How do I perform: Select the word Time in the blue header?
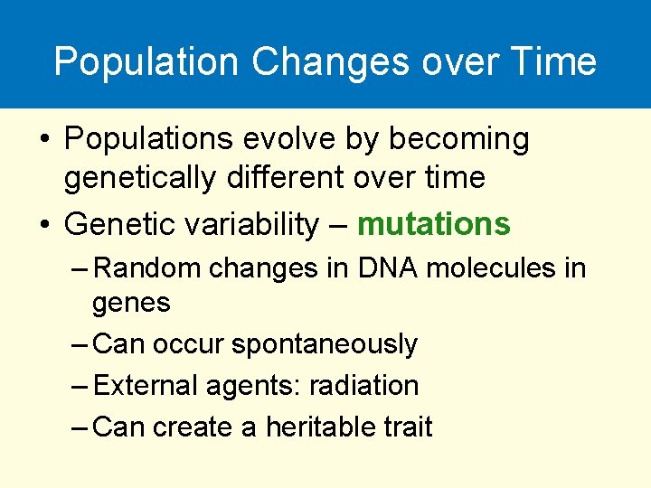tap(552, 62)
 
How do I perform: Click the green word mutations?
tap(434, 224)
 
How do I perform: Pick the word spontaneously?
tap(325, 345)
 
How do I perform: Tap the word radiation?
tap(363, 386)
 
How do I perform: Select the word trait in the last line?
tap(405, 427)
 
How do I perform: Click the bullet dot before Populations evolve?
tap(44, 140)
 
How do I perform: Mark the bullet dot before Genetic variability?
tap(44, 225)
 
